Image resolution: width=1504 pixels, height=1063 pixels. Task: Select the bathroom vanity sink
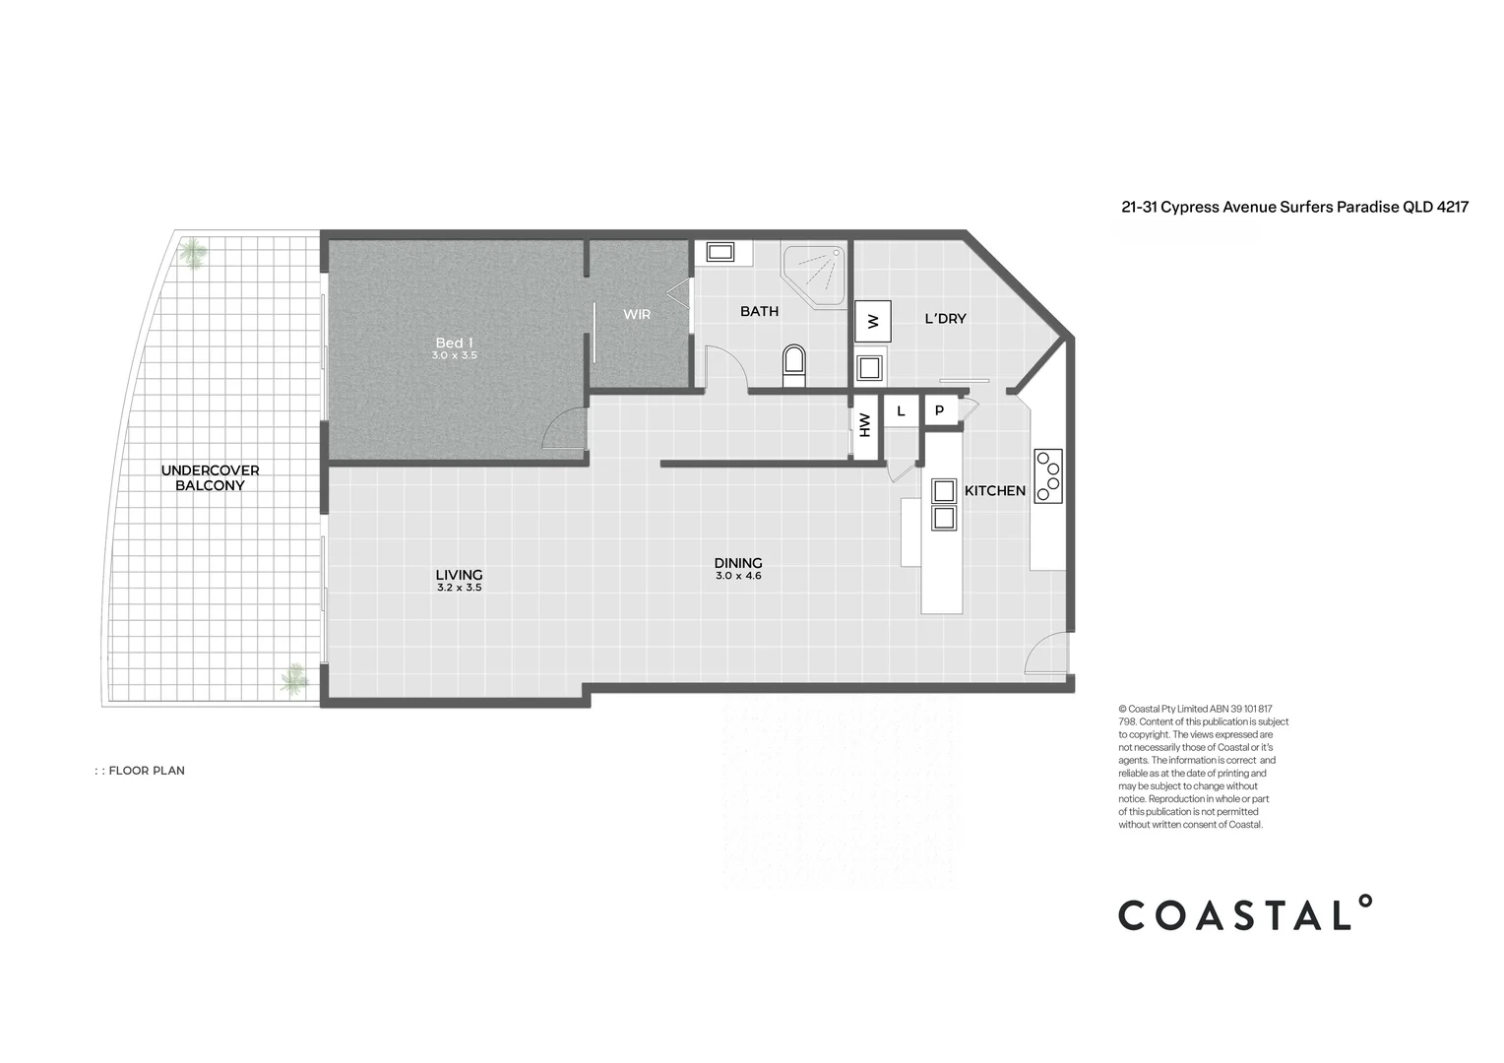click(720, 252)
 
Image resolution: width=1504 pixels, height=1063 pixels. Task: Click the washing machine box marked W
click(873, 321)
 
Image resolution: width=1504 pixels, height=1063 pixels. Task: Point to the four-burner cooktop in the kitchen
click(1047, 476)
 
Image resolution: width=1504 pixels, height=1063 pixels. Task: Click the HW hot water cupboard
click(865, 425)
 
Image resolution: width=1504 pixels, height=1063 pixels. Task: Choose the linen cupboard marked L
click(901, 411)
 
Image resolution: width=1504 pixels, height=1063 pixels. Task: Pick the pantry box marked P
click(940, 411)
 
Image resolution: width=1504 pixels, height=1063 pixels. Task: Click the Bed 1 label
click(454, 343)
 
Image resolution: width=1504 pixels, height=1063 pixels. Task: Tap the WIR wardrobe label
click(637, 315)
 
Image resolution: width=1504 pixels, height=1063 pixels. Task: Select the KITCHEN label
click(994, 490)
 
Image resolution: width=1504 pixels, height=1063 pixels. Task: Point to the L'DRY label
click(945, 319)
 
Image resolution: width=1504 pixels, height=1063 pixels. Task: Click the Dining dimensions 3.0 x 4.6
click(738, 576)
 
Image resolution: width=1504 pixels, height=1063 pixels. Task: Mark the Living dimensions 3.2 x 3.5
click(459, 588)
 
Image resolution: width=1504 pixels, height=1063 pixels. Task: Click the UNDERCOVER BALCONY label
click(210, 477)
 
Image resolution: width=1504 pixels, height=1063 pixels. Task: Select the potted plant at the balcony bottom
click(293, 678)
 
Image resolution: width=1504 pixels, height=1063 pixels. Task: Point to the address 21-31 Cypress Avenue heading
click(1294, 207)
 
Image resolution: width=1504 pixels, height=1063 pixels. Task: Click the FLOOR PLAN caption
click(146, 771)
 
